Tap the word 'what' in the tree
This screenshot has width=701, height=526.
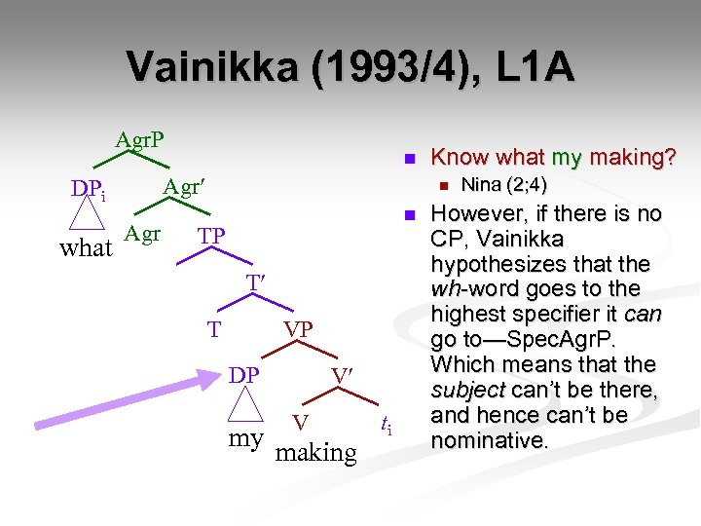[x=86, y=247]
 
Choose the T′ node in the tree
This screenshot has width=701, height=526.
[x=255, y=282]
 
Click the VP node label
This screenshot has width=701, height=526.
[x=298, y=330]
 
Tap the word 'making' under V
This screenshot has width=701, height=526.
[x=316, y=452]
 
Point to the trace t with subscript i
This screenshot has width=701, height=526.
[x=387, y=425]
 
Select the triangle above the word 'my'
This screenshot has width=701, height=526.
[x=246, y=405]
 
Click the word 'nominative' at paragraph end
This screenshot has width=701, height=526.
[x=489, y=440]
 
